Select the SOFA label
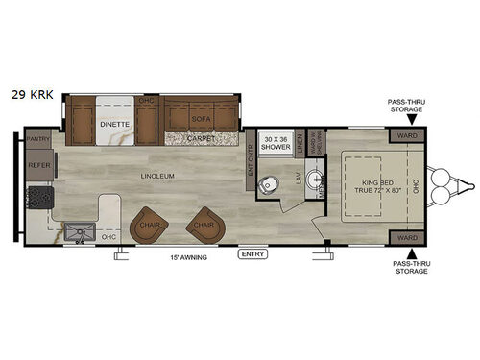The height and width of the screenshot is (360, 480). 201,120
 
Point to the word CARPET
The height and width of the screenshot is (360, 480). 201,138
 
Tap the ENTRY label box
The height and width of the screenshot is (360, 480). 253,253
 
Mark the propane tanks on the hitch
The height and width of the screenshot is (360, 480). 443,188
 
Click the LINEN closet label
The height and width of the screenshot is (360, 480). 300,144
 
